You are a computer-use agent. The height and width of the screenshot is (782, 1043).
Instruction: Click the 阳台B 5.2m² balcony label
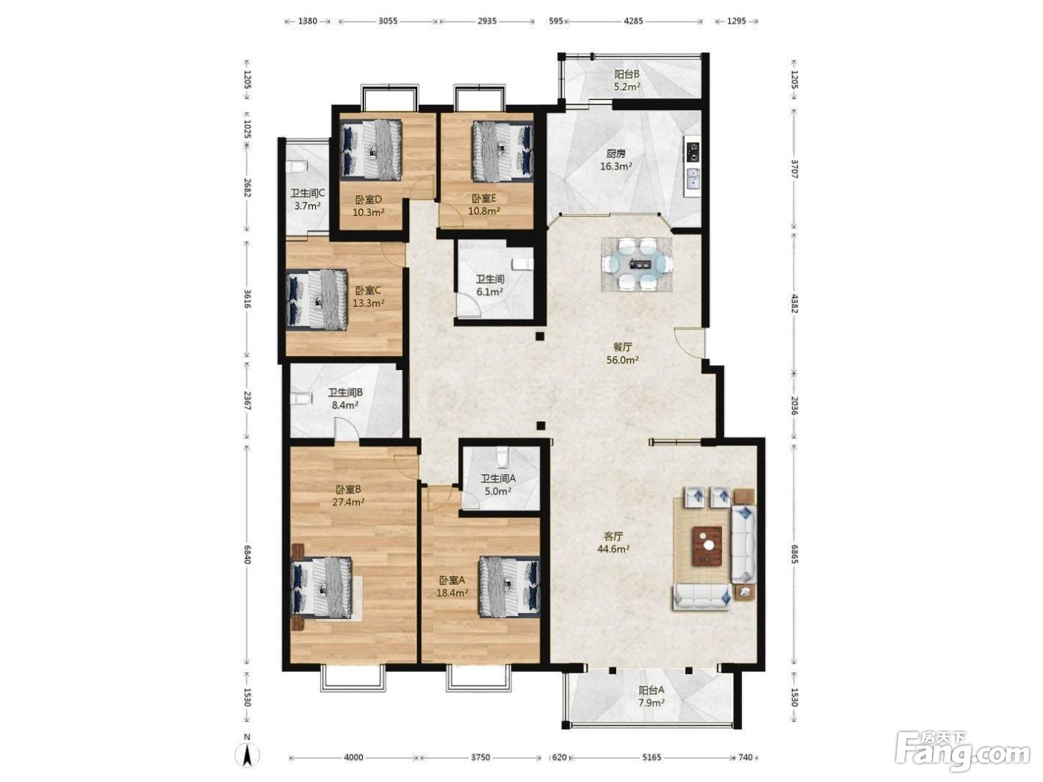click(x=627, y=80)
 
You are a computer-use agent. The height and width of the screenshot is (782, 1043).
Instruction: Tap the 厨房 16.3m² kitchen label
click(x=616, y=160)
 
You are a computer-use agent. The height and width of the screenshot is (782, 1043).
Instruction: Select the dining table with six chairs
click(x=637, y=264)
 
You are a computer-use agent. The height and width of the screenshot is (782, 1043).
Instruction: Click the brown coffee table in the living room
click(x=707, y=546)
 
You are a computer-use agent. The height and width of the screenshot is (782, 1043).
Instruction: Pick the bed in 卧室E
click(x=503, y=151)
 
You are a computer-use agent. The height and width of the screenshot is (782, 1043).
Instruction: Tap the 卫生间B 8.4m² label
click(x=346, y=399)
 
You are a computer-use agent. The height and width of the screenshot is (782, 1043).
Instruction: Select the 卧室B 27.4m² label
click(x=349, y=495)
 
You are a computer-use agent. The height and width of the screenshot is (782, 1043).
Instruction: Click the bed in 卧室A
click(x=510, y=586)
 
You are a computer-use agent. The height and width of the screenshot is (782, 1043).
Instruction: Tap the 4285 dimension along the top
click(x=633, y=21)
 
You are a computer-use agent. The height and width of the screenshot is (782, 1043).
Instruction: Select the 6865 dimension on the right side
click(x=794, y=553)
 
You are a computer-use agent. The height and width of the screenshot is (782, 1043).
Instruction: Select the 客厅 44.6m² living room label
click(x=613, y=543)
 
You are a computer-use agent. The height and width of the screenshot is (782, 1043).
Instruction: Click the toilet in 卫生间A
click(x=501, y=457)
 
